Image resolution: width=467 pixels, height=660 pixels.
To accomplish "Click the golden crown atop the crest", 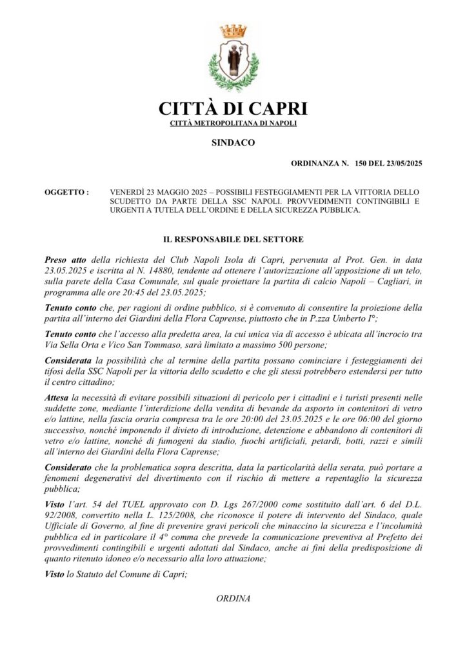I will (x=234, y=30).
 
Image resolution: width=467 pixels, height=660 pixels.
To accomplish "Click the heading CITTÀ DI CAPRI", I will (x=233, y=108).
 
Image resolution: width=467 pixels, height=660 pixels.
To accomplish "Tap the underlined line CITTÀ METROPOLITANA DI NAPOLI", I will (x=233, y=123).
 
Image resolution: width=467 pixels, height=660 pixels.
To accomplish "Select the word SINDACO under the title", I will (x=233, y=142).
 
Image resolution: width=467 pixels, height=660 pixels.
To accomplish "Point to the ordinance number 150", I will (x=362, y=164).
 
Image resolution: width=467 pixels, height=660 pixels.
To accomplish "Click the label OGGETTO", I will (x=66, y=193).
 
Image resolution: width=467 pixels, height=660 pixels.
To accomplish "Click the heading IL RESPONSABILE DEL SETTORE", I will (x=233, y=239).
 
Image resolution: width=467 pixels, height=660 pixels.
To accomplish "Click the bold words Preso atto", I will (x=66, y=258).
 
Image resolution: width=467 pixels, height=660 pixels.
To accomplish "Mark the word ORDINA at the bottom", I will (x=233, y=598).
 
